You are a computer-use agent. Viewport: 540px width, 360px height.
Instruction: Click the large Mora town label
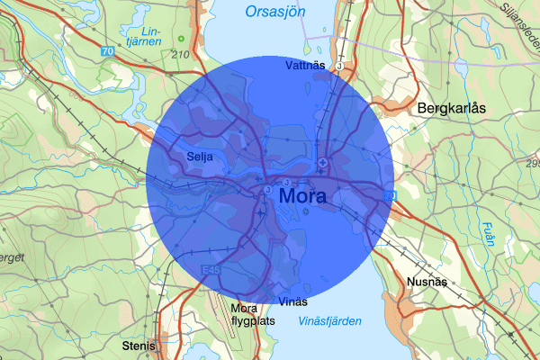[303, 195]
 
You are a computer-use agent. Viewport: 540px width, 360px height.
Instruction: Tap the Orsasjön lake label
[275, 12]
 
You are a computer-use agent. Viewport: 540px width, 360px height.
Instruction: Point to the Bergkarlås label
[451, 108]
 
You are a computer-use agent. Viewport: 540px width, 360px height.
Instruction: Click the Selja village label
[199, 156]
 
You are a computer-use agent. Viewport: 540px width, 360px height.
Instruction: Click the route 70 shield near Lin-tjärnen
[108, 51]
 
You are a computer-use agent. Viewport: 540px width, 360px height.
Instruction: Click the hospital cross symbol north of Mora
[322, 162]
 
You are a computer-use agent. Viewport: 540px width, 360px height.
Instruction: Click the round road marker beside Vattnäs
[339, 66]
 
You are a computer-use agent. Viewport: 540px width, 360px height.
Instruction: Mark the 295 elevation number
[531, 163]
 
